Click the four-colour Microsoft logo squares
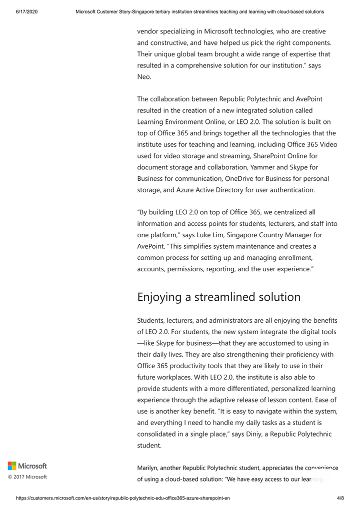pyautogui.click(x=12, y=466)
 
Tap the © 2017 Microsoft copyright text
pyautogui.click(x=27, y=477)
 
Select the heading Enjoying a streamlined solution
pyautogui.click(x=219, y=297)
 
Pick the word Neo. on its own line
pyautogui.click(x=144, y=77)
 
